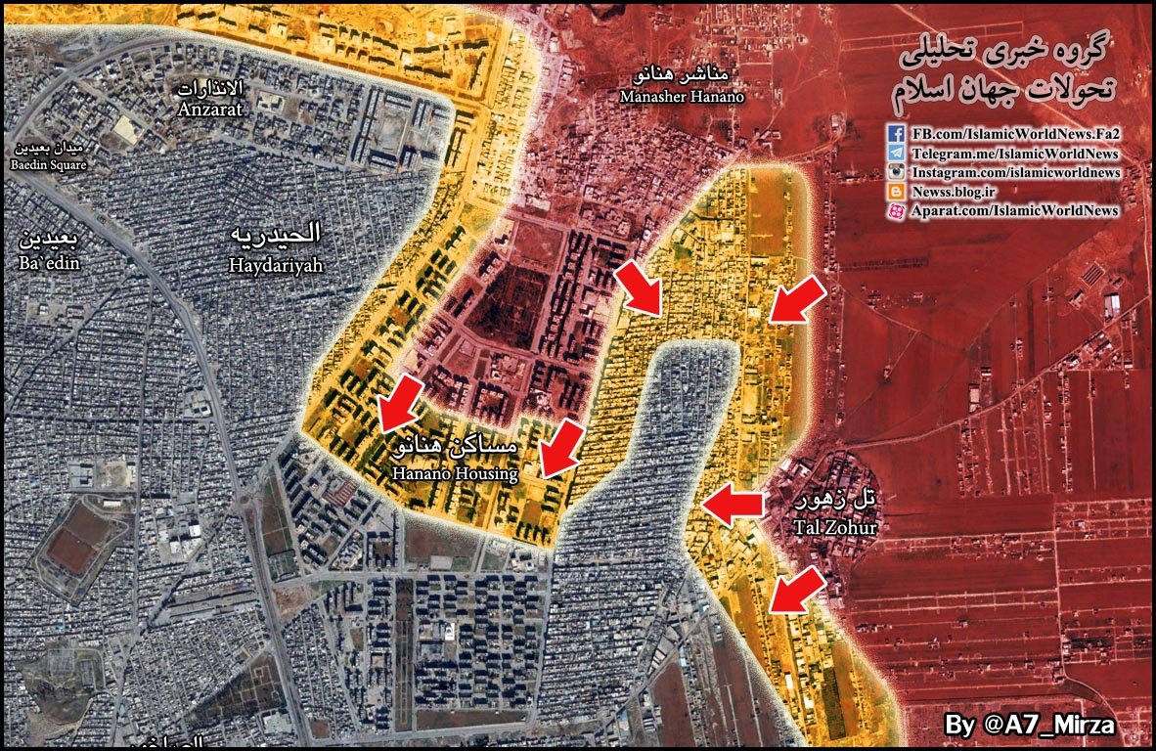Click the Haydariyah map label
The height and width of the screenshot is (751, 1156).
click(x=275, y=248)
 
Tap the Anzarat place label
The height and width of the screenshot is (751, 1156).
click(x=210, y=100)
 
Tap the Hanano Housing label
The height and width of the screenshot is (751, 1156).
click(x=455, y=461)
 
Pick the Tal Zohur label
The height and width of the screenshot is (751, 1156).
click(x=835, y=515)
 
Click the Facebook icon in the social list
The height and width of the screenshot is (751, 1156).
click(x=896, y=134)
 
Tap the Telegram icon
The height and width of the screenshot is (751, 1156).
click(x=896, y=154)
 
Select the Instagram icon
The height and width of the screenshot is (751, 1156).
click(x=896, y=173)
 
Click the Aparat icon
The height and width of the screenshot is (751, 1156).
click(x=896, y=211)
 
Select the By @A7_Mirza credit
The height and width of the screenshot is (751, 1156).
click(x=1030, y=725)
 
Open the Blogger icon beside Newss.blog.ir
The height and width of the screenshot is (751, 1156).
click(x=896, y=192)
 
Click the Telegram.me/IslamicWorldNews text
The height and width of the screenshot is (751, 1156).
click(x=1015, y=154)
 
